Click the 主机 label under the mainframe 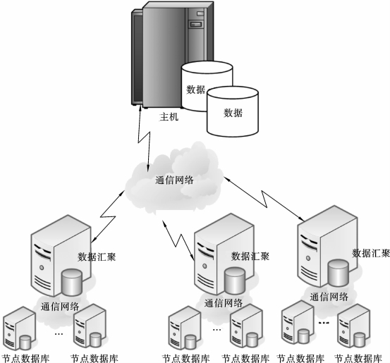(x=169, y=116)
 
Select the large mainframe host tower (x=172, y=55)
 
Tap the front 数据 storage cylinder (x=233, y=111)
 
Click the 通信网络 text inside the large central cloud (x=174, y=180)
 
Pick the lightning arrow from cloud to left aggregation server (x=108, y=216)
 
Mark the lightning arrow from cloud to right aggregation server (x=264, y=199)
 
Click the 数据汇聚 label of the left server (x=97, y=257)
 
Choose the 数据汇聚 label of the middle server (x=250, y=256)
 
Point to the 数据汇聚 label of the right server (x=370, y=253)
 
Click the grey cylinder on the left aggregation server (x=72, y=282)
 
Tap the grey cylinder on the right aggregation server (x=338, y=273)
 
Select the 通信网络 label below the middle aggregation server (x=224, y=303)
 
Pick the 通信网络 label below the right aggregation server (x=329, y=297)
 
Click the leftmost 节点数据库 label (x=25, y=359)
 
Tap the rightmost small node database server (x=354, y=328)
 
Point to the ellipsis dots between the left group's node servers (x=59, y=334)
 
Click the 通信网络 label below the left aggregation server (x=60, y=307)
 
